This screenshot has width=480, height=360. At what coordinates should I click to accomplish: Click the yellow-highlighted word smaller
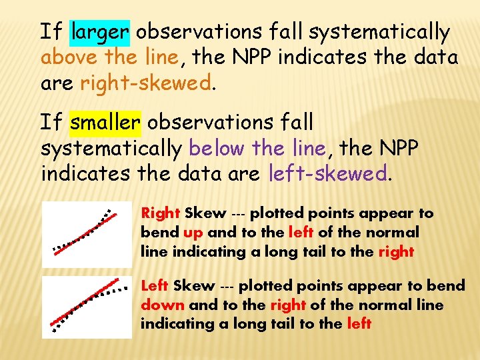point(105,122)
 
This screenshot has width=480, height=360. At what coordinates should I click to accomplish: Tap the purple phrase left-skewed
point(327,175)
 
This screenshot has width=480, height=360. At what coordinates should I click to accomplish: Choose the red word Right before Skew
point(161,213)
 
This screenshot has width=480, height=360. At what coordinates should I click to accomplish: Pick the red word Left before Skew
point(155,285)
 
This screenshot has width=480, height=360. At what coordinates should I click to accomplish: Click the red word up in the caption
point(193,233)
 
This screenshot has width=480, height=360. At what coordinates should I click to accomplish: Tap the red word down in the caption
point(163,305)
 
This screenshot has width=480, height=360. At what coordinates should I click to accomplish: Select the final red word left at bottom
point(359,324)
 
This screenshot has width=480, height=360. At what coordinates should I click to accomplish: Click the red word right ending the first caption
point(396,252)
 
